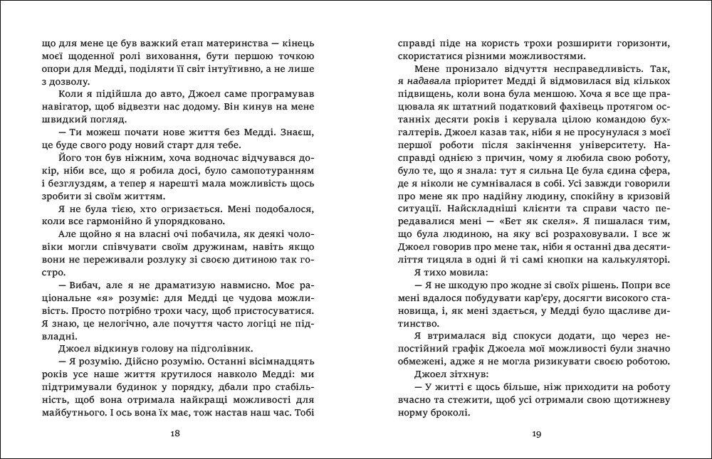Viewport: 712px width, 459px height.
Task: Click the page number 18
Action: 176,435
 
